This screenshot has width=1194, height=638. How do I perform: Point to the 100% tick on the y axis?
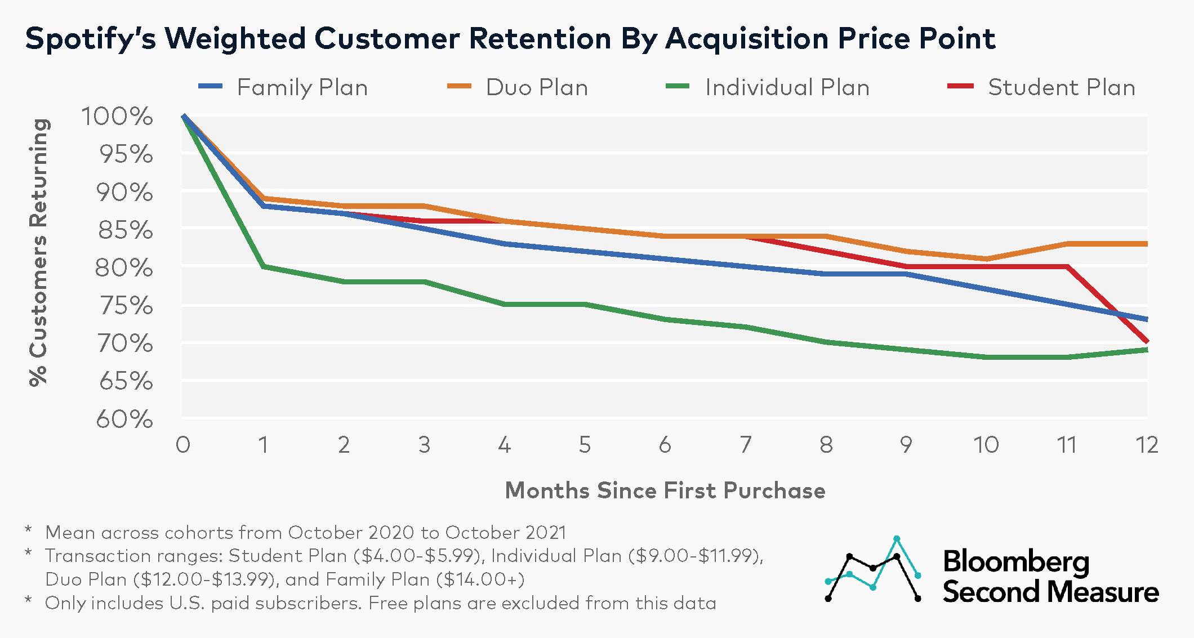click(x=117, y=117)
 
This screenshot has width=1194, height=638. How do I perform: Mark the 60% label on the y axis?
click(x=124, y=420)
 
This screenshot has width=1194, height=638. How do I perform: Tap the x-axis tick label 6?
click(x=665, y=445)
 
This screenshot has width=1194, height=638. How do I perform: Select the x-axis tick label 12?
click(x=1147, y=445)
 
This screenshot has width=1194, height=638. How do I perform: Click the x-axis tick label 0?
click(x=183, y=445)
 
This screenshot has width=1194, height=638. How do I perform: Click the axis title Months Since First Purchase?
click(x=665, y=490)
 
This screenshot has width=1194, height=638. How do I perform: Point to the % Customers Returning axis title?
click(x=38, y=252)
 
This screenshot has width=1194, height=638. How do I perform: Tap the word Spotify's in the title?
click(x=90, y=39)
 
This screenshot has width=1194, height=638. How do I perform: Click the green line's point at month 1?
click(x=264, y=266)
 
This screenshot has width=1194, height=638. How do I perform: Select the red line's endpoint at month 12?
click(x=1146, y=341)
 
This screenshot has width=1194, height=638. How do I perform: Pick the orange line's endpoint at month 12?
click(x=1146, y=244)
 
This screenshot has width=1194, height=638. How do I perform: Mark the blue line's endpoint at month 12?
click(x=1146, y=319)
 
